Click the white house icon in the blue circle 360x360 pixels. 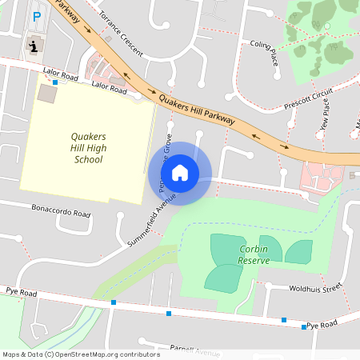tap(180, 172)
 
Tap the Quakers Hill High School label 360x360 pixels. tap(88, 148)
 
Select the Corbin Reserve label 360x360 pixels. tap(254, 254)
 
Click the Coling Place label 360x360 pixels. tap(263, 52)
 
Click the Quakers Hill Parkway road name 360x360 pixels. tap(197, 109)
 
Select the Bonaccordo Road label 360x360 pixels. tap(61, 214)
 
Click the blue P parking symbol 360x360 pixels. tap(36, 16)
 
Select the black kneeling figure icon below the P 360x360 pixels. tap(33, 46)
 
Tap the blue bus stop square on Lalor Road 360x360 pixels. tap(55, 82)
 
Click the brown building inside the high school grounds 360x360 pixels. tap(47, 93)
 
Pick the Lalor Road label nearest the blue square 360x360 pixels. tap(61, 75)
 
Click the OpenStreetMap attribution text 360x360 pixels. tap(82, 354)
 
